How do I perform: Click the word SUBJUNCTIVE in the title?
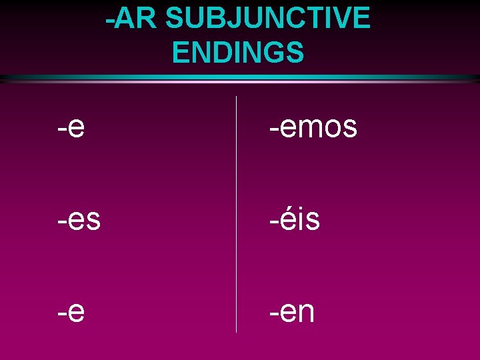[267, 18]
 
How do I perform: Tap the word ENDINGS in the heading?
[237, 53]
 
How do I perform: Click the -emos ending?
[313, 127]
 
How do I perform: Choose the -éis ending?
[295, 219]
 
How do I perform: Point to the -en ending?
[292, 311]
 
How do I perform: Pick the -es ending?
[79, 219]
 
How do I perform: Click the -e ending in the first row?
[71, 127]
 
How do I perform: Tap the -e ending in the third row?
[71, 311]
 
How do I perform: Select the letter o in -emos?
[333, 127]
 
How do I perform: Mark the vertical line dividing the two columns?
[237, 213]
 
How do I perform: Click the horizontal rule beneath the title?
[240, 78]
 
